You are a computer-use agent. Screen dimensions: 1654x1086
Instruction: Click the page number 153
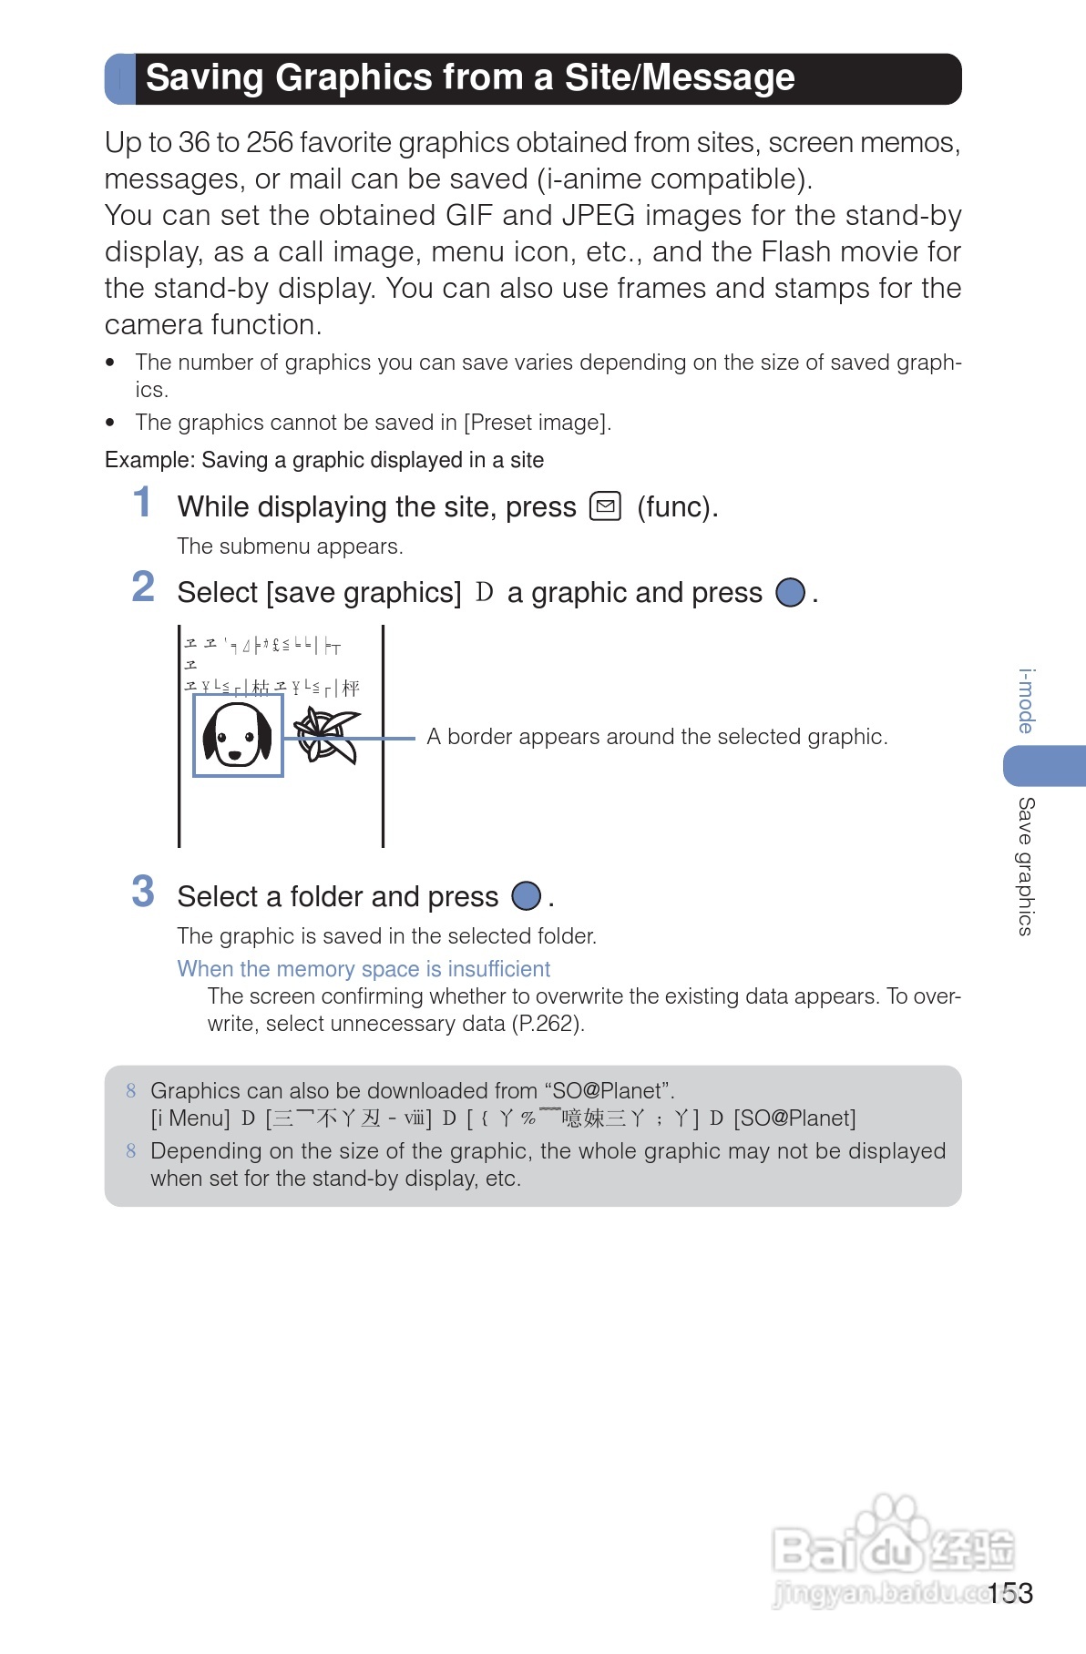pyautogui.click(x=1010, y=1593)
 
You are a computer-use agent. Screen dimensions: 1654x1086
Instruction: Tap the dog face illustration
pyautogui.click(x=237, y=734)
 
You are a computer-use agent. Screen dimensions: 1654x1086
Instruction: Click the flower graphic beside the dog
pyautogui.click(x=323, y=734)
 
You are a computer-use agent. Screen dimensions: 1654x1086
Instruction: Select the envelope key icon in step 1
pyautogui.click(x=605, y=505)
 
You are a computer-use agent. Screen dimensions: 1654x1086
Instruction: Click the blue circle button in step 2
pyautogui.click(x=790, y=592)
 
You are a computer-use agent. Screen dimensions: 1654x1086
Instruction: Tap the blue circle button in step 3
pyautogui.click(x=526, y=896)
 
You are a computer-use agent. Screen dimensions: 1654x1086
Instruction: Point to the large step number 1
pyautogui.click(x=142, y=503)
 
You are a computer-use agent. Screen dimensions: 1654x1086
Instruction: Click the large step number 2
pyautogui.click(x=143, y=587)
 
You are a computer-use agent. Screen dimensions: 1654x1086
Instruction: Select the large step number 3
pyautogui.click(x=143, y=892)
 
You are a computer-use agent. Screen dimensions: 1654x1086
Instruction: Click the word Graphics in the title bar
pyautogui.click(x=353, y=78)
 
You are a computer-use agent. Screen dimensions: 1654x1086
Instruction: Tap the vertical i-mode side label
pyautogui.click(x=1027, y=700)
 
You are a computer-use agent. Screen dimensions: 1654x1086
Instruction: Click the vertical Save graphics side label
pyautogui.click(x=1027, y=866)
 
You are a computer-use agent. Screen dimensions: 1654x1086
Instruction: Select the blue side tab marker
pyautogui.click(x=1044, y=765)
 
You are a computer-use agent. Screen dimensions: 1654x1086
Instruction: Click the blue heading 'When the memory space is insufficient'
pyautogui.click(x=364, y=969)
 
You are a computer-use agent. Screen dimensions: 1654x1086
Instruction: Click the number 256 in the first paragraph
pyautogui.click(x=270, y=143)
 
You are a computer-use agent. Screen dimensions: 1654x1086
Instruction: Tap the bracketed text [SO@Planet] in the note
pyautogui.click(x=794, y=1118)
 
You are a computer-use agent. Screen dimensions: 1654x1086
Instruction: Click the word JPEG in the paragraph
pyautogui.click(x=599, y=216)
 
